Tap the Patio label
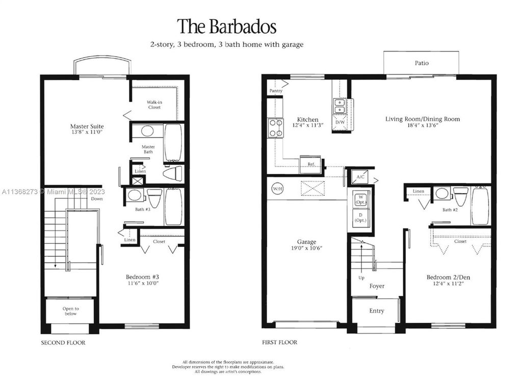[421, 63]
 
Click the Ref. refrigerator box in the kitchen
[310, 164]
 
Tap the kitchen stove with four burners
[276, 127]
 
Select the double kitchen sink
[340, 106]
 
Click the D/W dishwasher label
[340, 123]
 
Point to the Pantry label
[276, 91]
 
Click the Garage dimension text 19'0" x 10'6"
[306, 248]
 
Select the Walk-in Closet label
[154, 105]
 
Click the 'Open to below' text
[70, 311]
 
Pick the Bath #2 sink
[442, 194]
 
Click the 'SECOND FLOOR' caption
[63, 343]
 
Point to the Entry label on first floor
[376, 311]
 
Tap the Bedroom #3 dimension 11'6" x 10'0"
[146, 284]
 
